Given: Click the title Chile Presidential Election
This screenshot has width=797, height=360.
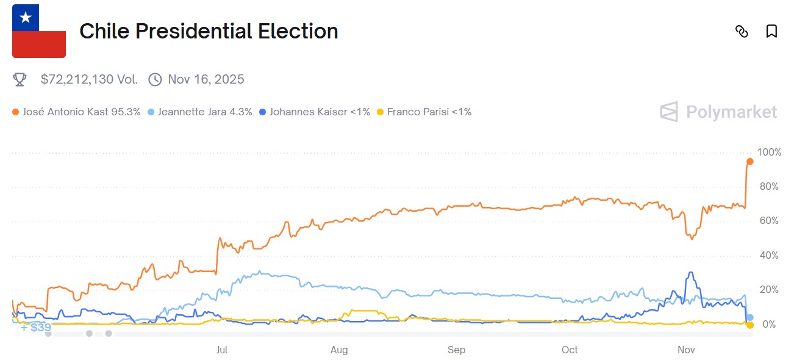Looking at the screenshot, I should point(209,31).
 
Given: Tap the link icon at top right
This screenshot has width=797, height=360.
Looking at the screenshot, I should point(742,31).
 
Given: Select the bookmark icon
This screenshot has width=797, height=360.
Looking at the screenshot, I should point(771,31).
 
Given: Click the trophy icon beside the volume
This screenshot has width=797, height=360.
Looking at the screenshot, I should point(20,79).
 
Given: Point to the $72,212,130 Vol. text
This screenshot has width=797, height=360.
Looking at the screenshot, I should point(89,79).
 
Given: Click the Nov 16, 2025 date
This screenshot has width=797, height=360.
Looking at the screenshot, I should point(206,79).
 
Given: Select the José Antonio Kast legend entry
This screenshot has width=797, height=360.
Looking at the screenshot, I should point(76,112).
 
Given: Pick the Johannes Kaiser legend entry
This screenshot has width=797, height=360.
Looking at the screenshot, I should point(314,112).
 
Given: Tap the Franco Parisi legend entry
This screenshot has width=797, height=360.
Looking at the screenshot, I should point(424,112).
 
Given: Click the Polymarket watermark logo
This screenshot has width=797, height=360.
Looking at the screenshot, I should point(718,112).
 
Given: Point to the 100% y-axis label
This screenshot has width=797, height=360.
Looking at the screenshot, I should point(768,152).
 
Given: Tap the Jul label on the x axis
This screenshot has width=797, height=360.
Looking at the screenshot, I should point(222,350).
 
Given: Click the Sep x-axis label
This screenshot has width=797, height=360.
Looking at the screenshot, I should point(456,350).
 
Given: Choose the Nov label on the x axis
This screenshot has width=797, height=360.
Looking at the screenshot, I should point(687,350).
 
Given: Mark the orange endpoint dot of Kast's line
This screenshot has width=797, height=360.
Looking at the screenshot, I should point(750,162).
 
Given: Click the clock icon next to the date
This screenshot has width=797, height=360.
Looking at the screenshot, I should point(155,79).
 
